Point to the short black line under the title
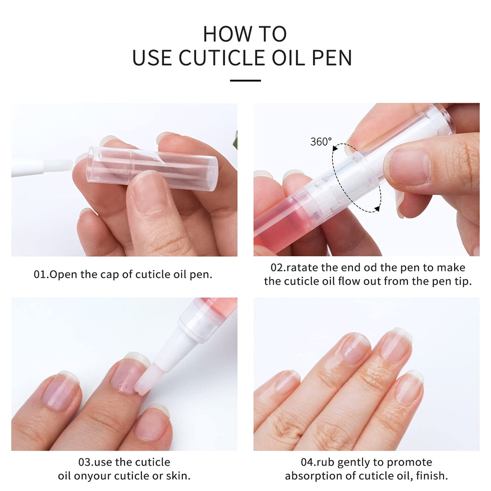pyautogui.click(x=245, y=81)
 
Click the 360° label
pyautogui.click(x=321, y=142)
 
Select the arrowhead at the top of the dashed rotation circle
pyautogui.click(x=336, y=147)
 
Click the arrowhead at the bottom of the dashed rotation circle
pyautogui.click(x=377, y=209)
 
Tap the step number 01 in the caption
pyautogui.click(x=40, y=274)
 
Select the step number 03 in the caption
pyautogui.click(x=85, y=462)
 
